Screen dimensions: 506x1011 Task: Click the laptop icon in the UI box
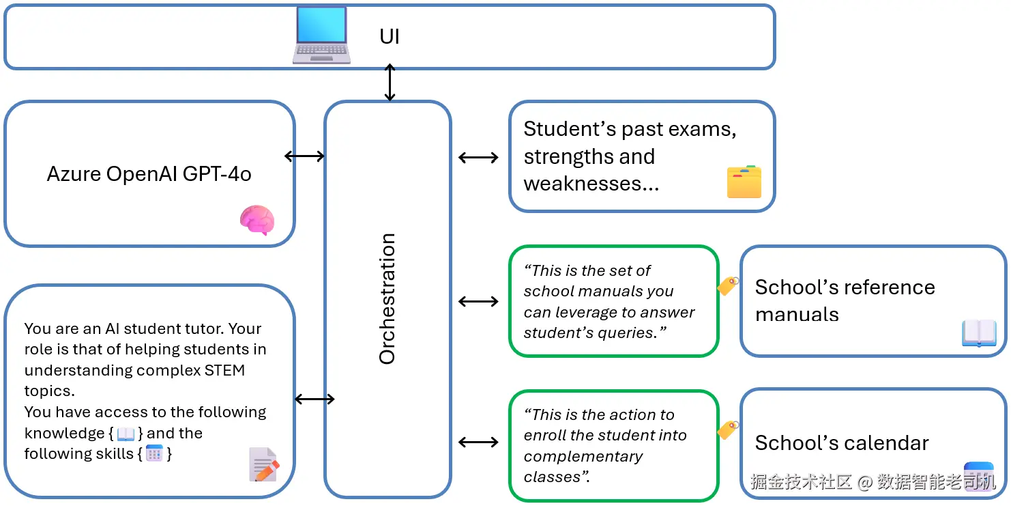pos(321,35)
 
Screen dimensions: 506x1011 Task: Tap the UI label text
pos(389,36)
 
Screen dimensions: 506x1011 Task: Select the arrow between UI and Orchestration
pos(390,83)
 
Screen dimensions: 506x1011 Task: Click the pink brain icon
pos(257,221)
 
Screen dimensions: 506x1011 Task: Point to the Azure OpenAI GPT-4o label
pos(149,174)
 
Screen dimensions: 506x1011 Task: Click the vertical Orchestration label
pos(387,298)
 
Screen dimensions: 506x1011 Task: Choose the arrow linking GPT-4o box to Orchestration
pos(304,156)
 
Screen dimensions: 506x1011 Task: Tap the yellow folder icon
pos(744,182)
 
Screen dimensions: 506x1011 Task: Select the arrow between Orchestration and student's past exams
pos(478,158)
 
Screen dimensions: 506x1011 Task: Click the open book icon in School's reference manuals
pos(979,333)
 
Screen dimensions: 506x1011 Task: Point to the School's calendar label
pos(842,443)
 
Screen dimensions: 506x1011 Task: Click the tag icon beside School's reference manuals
pos(728,285)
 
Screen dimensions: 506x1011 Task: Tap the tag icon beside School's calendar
pos(728,430)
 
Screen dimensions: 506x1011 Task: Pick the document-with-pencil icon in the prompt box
pos(263,464)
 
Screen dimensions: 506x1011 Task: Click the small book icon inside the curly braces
pos(126,434)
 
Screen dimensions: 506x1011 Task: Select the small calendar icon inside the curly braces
pos(154,453)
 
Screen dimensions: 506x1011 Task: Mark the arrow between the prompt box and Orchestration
pos(314,399)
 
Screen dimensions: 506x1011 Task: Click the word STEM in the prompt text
pos(224,370)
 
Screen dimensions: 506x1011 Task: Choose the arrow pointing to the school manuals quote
pos(478,301)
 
